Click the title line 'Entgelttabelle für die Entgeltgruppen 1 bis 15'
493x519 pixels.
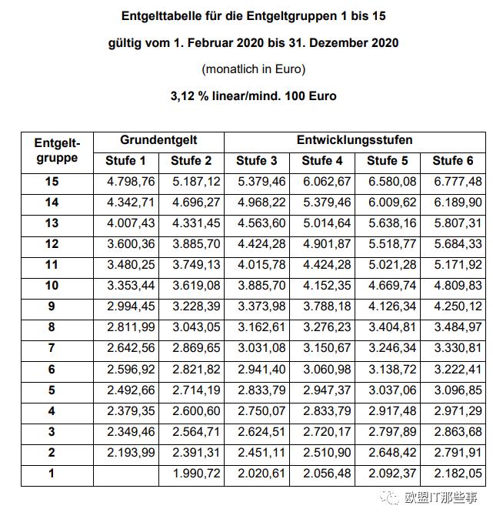tap(253, 15)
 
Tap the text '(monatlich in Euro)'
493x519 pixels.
tap(253, 69)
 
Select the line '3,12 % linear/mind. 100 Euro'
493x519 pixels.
tap(253, 96)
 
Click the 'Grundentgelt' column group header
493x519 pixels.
tap(158, 140)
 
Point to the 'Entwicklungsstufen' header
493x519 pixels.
tap(355, 140)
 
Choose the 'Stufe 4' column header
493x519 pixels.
tap(322, 161)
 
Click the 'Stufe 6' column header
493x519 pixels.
tap(453, 161)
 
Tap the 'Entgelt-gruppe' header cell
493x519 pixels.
tap(57, 151)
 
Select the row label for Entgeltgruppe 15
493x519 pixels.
tap(52, 182)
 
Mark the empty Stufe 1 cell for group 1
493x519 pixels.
tap(126, 474)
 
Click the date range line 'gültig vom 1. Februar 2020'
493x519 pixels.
tap(253, 42)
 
